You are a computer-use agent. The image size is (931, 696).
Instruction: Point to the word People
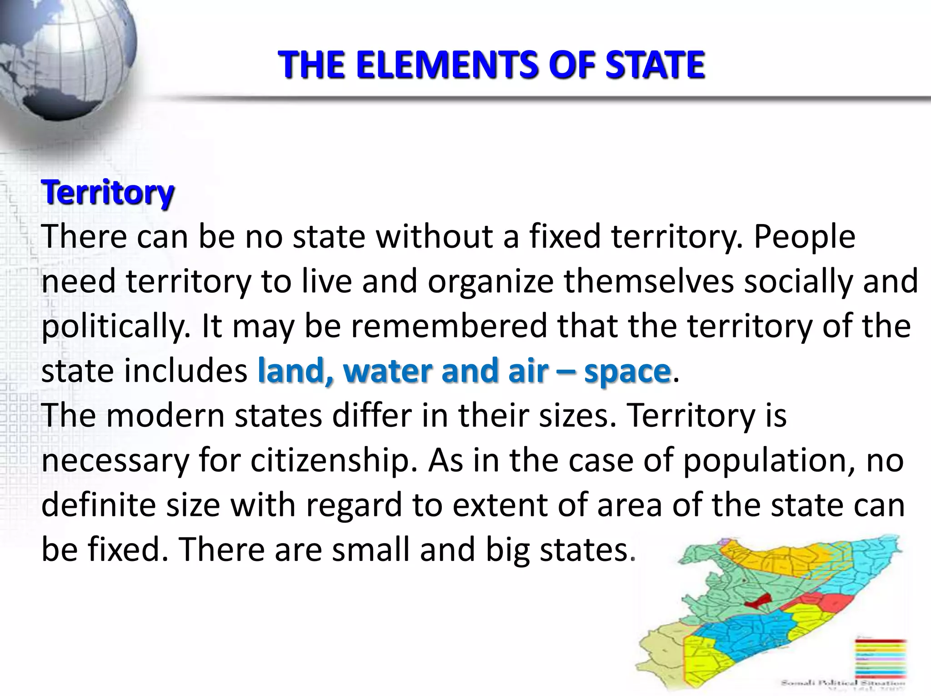click(804, 237)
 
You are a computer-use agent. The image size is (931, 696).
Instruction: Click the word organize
click(491, 282)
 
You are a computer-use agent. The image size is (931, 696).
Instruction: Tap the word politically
click(116, 326)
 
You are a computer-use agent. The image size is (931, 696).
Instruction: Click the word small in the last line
click(371, 549)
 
